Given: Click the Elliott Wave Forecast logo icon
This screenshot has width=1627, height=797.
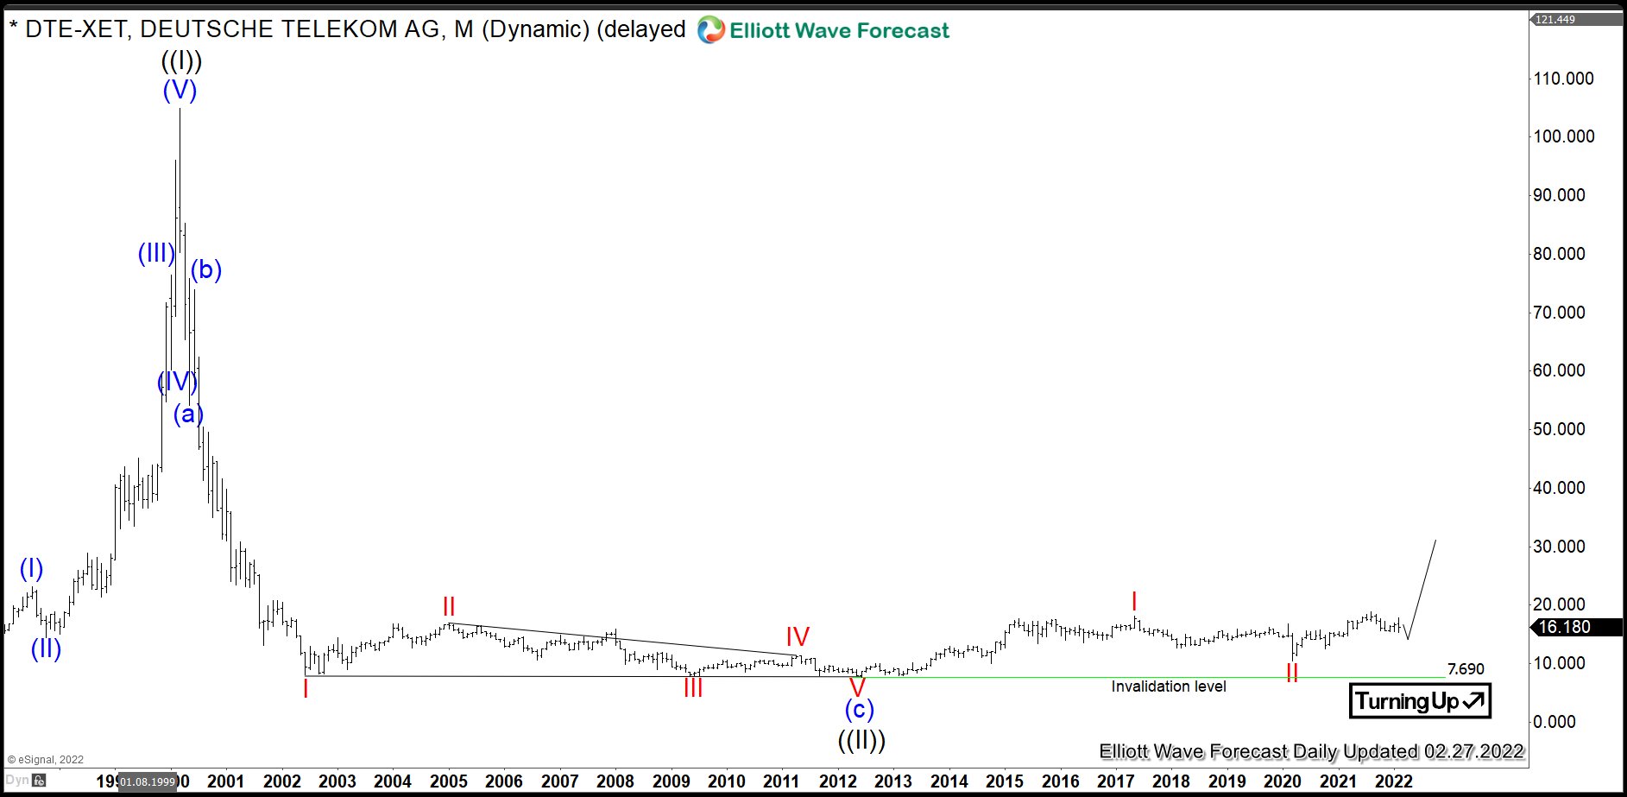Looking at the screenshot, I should click(x=710, y=30).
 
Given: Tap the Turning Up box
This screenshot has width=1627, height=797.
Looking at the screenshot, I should click(x=1420, y=700).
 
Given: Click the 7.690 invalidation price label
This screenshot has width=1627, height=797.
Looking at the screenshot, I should click(x=1466, y=669).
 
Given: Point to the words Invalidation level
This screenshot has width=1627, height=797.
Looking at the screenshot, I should click(x=1168, y=686).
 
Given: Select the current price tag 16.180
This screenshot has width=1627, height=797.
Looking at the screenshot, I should click(x=1564, y=628).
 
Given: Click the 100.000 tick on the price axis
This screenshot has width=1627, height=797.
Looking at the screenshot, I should click(x=1563, y=136).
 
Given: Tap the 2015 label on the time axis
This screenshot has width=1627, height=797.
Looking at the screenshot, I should click(x=1005, y=781).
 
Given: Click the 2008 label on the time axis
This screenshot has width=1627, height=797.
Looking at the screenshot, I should click(x=615, y=781).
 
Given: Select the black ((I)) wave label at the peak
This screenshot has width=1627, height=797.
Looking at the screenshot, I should click(x=181, y=61).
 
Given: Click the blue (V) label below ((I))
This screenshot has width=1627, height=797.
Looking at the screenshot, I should click(x=180, y=90).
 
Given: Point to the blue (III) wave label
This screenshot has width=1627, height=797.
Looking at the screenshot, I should click(x=156, y=253).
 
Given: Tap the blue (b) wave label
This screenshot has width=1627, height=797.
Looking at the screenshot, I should click(x=206, y=270).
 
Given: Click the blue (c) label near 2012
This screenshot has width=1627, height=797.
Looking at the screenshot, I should click(x=859, y=709).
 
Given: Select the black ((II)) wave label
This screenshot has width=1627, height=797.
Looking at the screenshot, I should click(x=861, y=740).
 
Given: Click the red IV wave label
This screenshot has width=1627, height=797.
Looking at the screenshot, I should click(x=798, y=637).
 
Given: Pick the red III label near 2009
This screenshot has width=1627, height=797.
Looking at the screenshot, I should click(x=693, y=688).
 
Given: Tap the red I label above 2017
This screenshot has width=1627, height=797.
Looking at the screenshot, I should click(x=1134, y=602).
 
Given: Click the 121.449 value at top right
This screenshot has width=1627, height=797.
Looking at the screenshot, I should click(x=1555, y=20).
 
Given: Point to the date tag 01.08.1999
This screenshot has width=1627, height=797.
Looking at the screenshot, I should click(x=148, y=782).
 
